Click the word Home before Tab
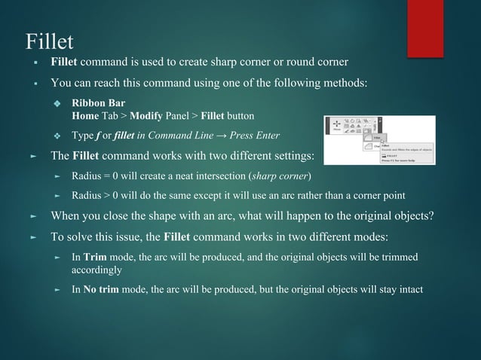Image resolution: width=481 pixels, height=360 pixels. coord(84,116)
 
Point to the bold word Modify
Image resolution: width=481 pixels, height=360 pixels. coord(146,116)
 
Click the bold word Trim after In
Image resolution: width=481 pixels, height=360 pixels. coord(95,257)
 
